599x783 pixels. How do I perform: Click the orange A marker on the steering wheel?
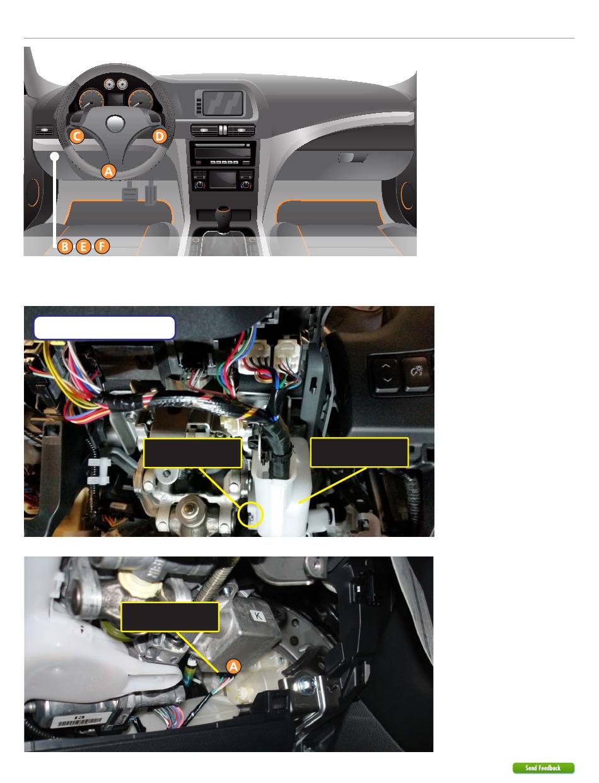[108, 171]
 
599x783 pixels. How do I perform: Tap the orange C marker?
[77, 136]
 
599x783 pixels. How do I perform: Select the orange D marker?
[159, 136]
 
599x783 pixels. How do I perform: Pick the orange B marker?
[65, 247]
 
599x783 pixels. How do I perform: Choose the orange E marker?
[83, 247]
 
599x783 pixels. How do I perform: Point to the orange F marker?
[102, 247]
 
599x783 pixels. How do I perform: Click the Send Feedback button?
[543, 768]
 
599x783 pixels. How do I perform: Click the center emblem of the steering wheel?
[115, 123]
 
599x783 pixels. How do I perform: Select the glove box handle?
[352, 158]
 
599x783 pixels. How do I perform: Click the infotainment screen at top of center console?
[222, 103]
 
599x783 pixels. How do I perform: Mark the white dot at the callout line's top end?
[55, 156]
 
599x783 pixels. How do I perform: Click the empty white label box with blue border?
[105, 328]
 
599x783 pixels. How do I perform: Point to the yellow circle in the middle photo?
[250, 515]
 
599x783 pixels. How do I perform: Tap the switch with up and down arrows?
[386, 375]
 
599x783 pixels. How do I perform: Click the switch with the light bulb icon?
[417, 374]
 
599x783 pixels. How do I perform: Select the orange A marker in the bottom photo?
[234, 666]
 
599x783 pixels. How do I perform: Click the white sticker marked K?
[258, 615]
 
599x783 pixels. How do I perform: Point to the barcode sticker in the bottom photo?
[79, 721]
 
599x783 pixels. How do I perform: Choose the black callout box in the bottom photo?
[170, 617]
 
